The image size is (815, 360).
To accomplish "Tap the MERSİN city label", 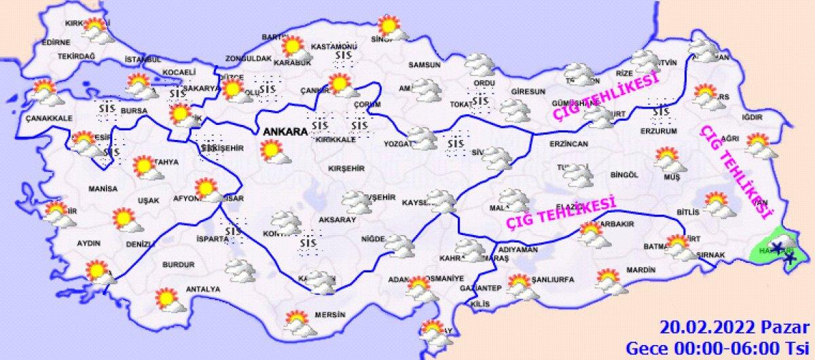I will point(331,315).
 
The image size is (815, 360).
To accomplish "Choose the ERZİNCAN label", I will point(570,143).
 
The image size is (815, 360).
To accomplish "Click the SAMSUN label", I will point(424,65).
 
